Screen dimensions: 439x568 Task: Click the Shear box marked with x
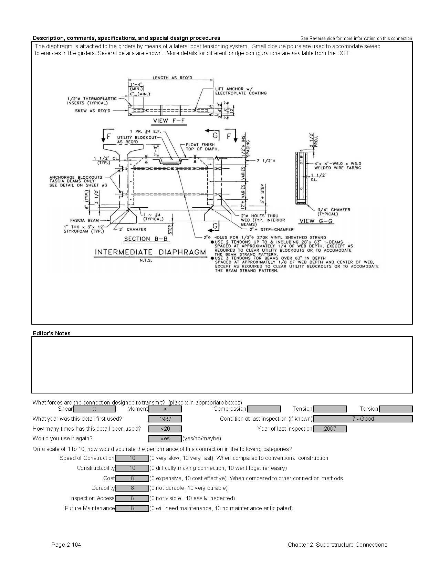tap(94, 409)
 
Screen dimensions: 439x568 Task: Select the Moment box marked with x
tap(165, 409)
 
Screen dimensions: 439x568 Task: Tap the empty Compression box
tap(264, 409)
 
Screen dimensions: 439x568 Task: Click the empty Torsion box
tap(396, 409)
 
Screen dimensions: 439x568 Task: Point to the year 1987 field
tap(165, 419)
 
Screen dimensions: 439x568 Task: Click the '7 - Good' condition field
tap(363, 419)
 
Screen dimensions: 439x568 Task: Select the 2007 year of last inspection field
tap(330, 429)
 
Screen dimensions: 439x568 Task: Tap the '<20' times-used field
tap(165, 429)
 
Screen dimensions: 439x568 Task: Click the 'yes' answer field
tap(165, 439)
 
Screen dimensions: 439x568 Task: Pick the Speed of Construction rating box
tap(132, 458)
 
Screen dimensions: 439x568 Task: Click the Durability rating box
tap(132, 488)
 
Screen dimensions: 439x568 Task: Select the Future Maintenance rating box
tap(132, 508)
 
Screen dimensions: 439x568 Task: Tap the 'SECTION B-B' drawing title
tap(146, 239)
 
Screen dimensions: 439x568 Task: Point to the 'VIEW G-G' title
tap(316, 221)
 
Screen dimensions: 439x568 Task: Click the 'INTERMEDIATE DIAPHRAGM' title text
tap(150, 252)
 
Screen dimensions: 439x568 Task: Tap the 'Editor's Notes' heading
tap(52, 333)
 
